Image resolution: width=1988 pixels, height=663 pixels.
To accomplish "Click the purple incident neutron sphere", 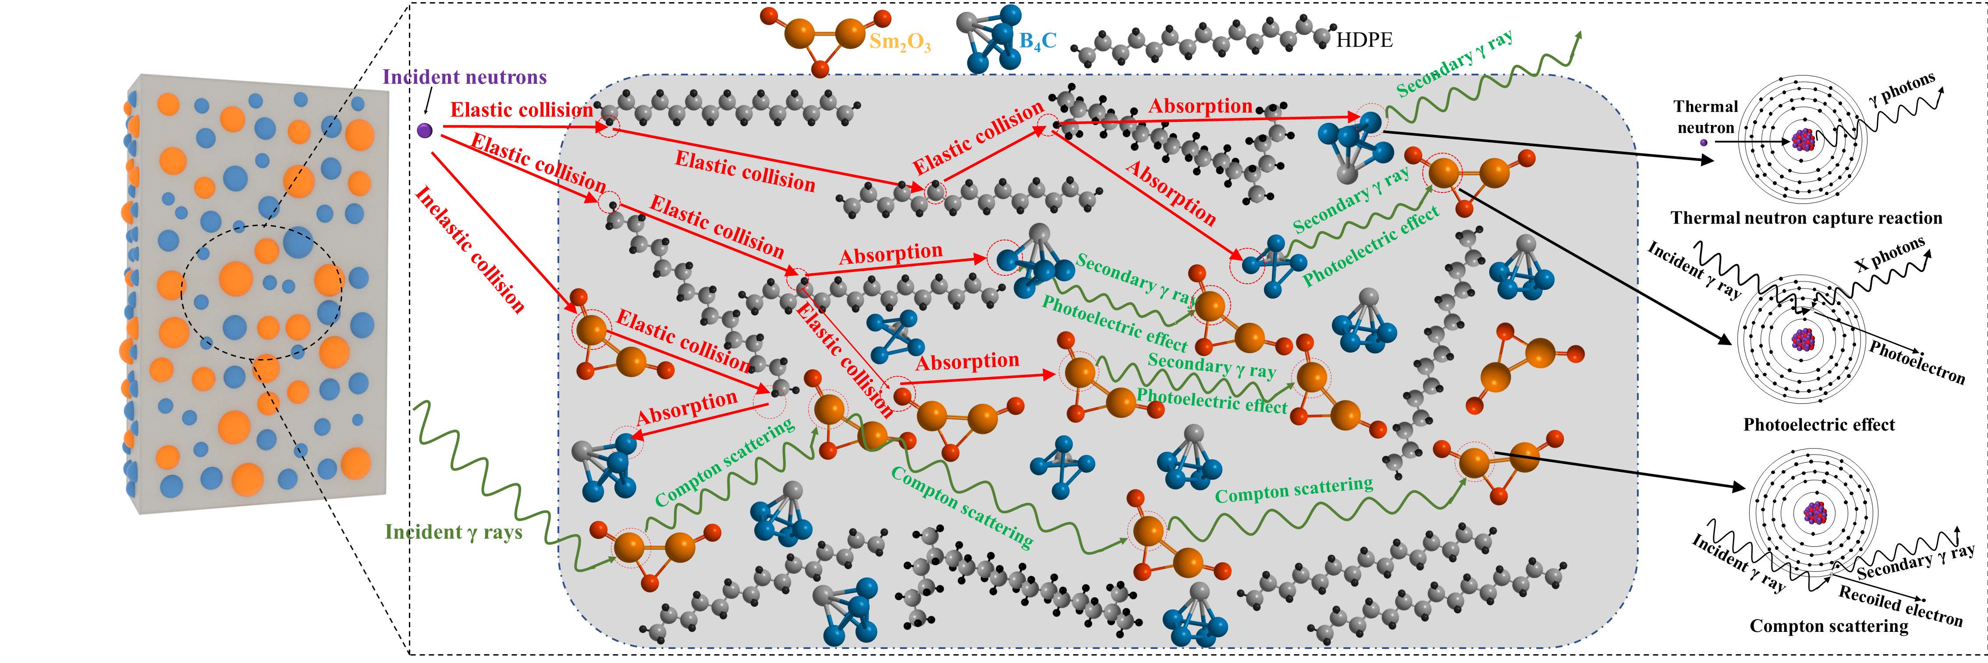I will [x=424, y=130].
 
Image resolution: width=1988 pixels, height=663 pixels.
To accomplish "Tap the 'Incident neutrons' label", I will [x=465, y=77].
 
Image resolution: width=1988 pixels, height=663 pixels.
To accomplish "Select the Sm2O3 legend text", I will [x=900, y=42].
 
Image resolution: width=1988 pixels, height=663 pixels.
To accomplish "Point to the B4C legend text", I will [x=1038, y=41].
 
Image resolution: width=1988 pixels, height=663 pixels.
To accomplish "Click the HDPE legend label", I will [x=1364, y=40].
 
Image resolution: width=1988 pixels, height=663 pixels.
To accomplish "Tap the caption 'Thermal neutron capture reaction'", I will [x=1806, y=218].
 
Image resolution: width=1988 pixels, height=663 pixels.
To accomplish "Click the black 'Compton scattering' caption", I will [x=1828, y=626].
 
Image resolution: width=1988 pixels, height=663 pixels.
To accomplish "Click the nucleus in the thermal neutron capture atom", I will [x=1803, y=140].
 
